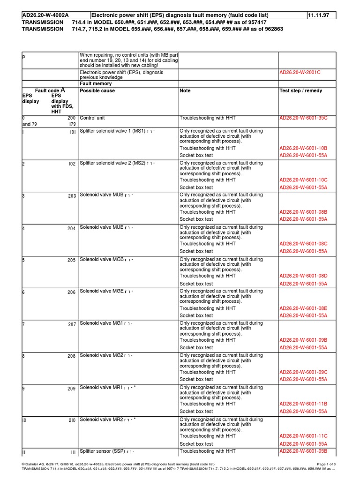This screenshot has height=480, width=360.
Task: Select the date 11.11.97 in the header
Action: tap(318, 15)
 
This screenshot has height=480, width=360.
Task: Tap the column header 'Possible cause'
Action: tap(97, 91)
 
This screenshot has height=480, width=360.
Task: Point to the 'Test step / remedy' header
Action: tap(300, 91)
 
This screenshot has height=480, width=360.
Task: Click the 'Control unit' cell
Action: tap(94, 119)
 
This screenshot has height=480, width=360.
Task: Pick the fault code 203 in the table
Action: tap(71, 196)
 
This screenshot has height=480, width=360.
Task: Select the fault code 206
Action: tap(71, 292)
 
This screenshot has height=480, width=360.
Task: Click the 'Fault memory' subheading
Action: tap(96, 83)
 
